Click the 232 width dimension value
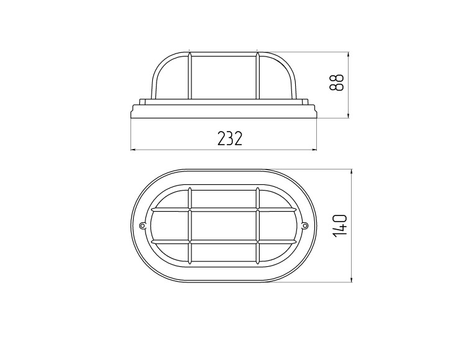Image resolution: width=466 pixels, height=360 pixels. (x=230, y=138)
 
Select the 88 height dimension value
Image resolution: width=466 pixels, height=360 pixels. (x=336, y=82)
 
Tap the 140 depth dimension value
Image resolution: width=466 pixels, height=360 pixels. (x=339, y=226)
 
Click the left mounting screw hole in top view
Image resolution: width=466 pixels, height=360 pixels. (x=142, y=226)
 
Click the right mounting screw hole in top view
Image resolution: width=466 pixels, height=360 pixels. (x=305, y=226)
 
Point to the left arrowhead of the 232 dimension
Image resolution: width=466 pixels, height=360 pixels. (x=134, y=150)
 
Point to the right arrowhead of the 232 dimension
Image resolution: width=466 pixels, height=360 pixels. (x=314, y=150)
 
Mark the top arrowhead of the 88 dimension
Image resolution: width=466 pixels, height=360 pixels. (x=349, y=55)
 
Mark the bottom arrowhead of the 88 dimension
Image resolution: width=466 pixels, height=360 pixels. (x=349, y=115)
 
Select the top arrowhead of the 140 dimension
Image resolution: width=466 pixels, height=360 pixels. (x=352, y=173)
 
